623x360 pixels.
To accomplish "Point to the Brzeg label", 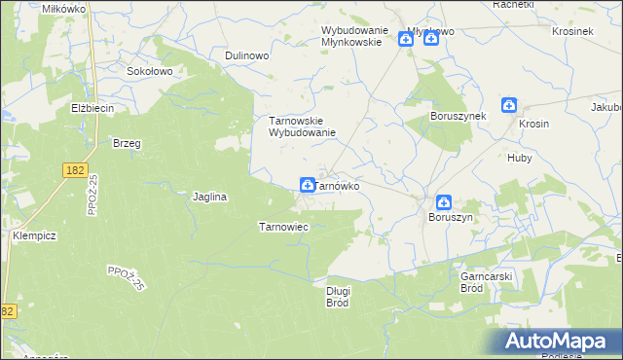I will [x=127, y=143].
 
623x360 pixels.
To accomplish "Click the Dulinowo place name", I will [x=246, y=56].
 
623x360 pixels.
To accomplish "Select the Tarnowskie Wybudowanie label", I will [x=302, y=126].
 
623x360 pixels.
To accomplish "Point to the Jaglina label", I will [x=209, y=197].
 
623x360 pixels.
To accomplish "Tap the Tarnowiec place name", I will [x=282, y=227].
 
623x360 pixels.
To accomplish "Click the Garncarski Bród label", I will [x=486, y=282].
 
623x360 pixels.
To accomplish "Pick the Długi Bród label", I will [x=338, y=296].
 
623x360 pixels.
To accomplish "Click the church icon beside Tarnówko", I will [x=308, y=184].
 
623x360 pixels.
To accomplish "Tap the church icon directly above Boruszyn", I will [x=443, y=202].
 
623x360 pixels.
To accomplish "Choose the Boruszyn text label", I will [x=451, y=218].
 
